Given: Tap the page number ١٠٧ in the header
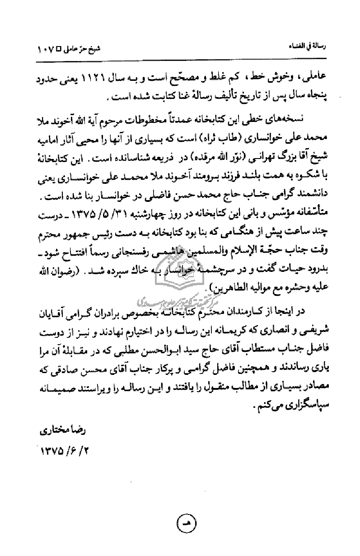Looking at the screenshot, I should [x=46, y=47].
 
